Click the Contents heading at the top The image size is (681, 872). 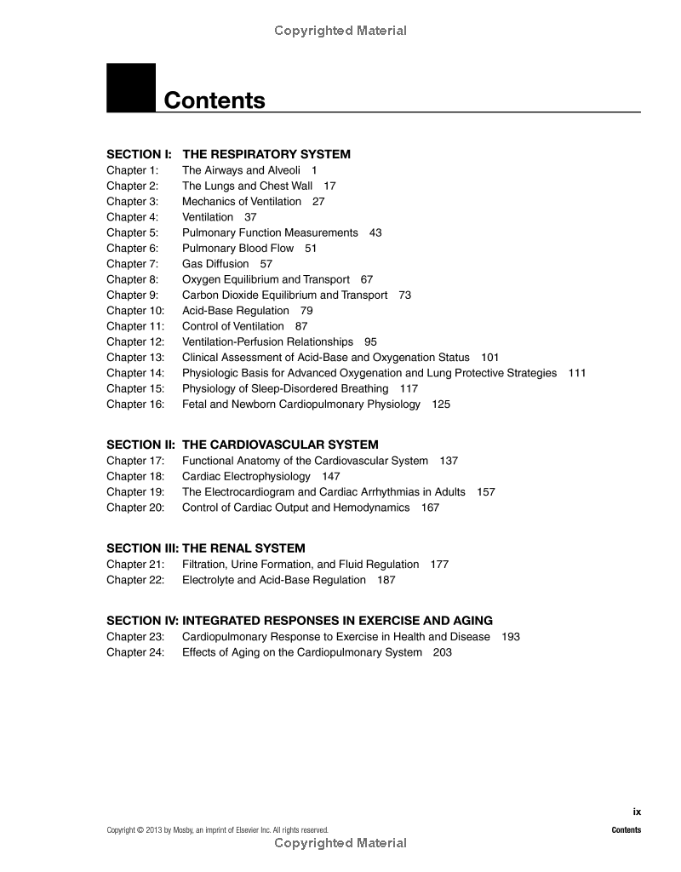[x=215, y=100]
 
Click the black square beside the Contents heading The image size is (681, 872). [x=131, y=88]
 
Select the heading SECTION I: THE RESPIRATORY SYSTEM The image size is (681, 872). [x=228, y=154]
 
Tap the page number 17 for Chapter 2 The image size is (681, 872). [x=329, y=186]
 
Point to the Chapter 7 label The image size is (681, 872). [x=132, y=264]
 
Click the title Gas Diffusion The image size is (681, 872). [x=215, y=264]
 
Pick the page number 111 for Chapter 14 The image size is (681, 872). [x=577, y=373]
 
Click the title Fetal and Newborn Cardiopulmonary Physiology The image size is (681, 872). [x=301, y=404]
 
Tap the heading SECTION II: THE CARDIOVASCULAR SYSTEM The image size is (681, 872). [x=243, y=445]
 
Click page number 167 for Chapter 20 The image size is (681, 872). [x=431, y=508]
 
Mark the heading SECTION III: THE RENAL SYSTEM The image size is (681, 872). [x=205, y=548]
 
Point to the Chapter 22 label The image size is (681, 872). [x=134, y=580]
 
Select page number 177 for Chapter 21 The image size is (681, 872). [x=439, y=564]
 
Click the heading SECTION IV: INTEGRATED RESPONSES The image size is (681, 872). [x=300, y=621]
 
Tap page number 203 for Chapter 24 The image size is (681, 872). [x=443, y=652]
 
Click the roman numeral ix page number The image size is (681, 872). [x=637, y=812]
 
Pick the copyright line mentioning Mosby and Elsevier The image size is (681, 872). [x=217, y=830]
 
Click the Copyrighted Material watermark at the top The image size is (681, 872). [x=340, y=31]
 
